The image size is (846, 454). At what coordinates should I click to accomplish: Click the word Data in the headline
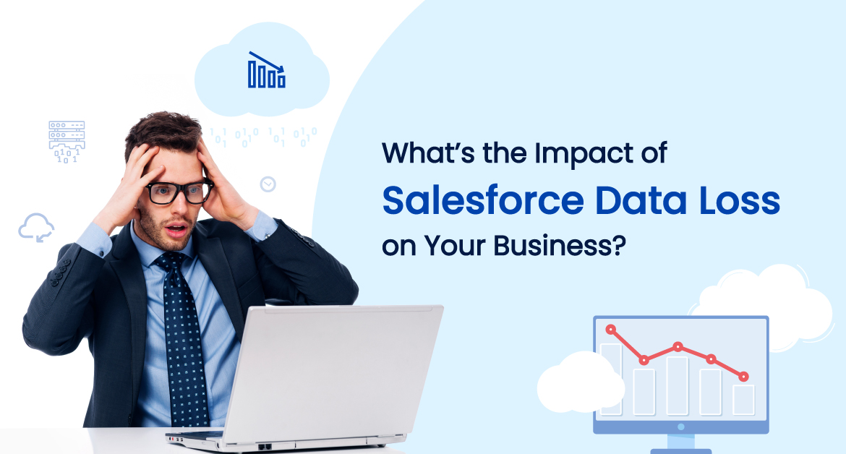coord(637,201)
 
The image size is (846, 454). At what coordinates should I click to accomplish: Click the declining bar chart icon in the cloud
coord(266,70)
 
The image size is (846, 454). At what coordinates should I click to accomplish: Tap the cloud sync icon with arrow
coord(36,227)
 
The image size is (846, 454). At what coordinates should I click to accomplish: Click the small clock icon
coord(268,184)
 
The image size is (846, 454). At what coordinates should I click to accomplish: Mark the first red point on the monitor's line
coord(611,330)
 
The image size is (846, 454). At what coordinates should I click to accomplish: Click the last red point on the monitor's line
coord(743,377)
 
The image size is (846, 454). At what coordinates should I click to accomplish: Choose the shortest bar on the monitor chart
coord(743,399)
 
